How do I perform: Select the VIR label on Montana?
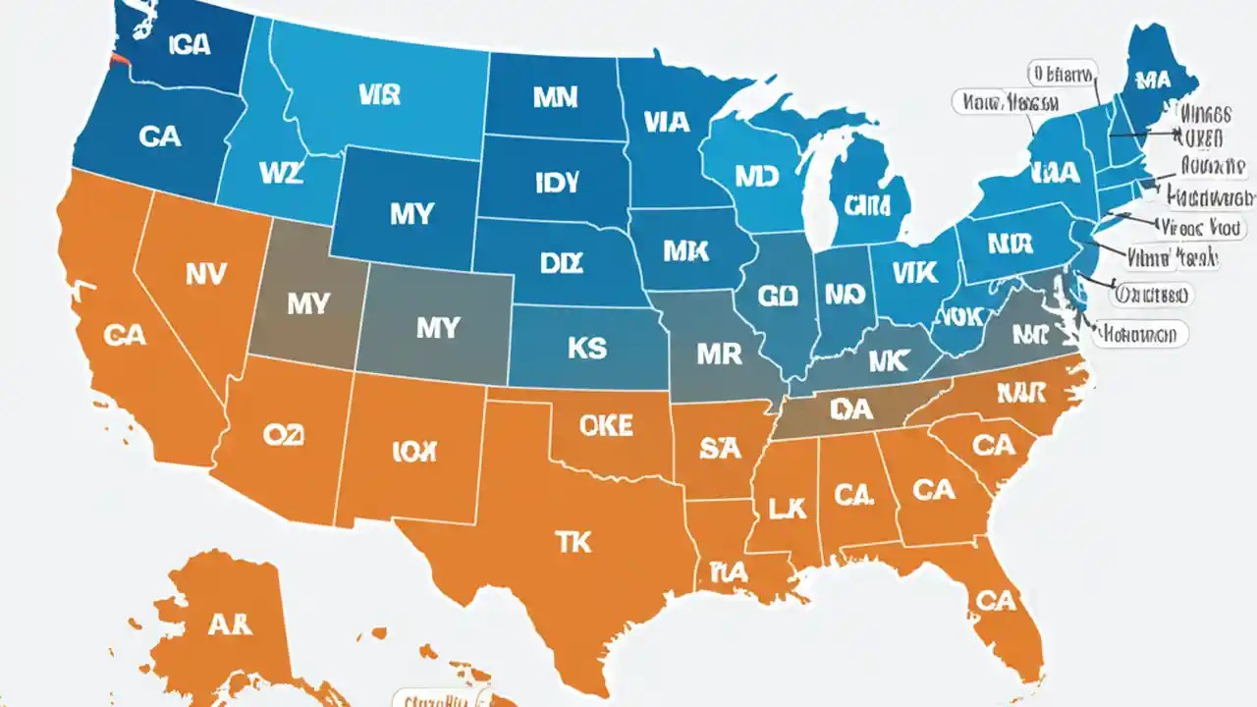379,94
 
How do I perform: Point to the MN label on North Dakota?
555,97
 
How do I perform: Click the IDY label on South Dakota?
557,183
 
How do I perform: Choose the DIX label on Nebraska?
561,263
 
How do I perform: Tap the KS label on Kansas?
586,348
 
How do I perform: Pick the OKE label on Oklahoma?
607,424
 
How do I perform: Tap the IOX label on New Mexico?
415,451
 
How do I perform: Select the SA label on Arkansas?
720,449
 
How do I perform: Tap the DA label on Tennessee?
850,409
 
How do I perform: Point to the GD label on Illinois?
779,296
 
